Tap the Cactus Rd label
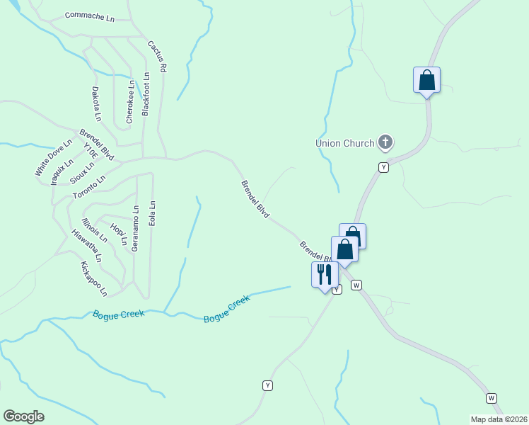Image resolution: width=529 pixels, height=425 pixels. tap(157, 57)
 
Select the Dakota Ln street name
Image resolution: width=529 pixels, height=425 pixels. tap(97, 104)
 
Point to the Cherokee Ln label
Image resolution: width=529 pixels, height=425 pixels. tap(130, 102)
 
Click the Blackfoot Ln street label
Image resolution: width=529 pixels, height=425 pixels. tap(146, 93)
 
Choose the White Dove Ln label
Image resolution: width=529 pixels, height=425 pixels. tap(54, 157)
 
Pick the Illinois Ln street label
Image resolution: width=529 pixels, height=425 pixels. tap(94, 230)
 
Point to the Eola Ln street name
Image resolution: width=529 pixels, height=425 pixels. tap(151, 212)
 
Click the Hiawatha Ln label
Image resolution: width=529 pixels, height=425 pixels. tap(87, 246)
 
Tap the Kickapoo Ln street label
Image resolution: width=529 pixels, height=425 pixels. tap(93, 278)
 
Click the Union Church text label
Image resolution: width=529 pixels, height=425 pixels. tap(344, 143)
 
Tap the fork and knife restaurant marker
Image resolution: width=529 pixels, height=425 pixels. tap(325, 274)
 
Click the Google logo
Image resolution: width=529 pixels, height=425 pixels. tap(23, 416)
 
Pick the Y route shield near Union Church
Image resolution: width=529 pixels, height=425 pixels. tap(383, 167)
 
